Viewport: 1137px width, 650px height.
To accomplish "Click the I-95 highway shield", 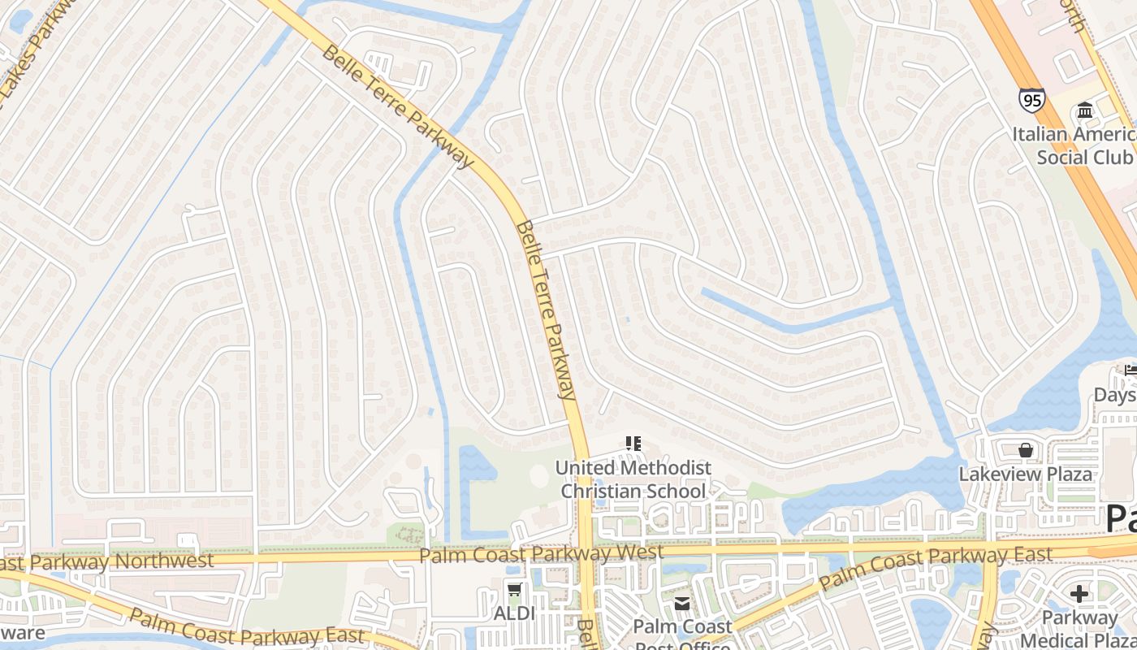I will tap(1031, 100).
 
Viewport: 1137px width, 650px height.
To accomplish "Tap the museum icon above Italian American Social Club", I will tap(1084, 110).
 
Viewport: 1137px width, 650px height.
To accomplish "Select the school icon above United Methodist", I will tap(633, 444).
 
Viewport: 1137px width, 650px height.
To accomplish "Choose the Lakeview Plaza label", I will tap(1026, 474).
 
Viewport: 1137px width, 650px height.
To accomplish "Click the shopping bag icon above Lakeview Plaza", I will tap(1025, 449).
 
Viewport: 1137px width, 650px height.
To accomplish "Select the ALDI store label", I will tap(514, 613).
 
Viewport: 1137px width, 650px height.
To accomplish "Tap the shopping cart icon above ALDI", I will tap(513, 590).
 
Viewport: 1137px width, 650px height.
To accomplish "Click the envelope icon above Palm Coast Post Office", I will tap(681, 603).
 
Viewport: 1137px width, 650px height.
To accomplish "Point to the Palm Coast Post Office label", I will tap(682, 627).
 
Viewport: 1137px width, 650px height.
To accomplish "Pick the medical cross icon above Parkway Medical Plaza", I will tap(1079, 594).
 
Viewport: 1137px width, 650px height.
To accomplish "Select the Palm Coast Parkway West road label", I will tap(542, 554).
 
